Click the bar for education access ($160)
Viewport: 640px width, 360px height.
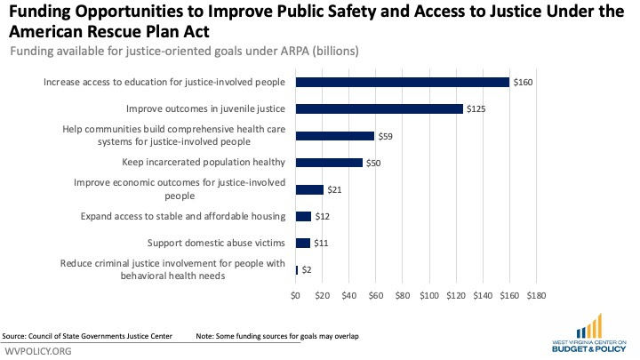(x=402, y=82)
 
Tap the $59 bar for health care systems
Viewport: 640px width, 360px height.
(x=334, y=136)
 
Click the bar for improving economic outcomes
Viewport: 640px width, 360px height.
(x=309, y=189)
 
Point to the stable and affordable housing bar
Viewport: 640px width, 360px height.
(x=303, y=216)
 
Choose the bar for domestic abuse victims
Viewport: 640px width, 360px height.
(x=302, y=243)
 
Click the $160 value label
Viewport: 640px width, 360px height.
(x=523, y=82)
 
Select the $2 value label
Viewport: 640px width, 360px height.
(x=306, y=269)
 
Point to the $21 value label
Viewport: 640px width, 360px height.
(x=335, y=189)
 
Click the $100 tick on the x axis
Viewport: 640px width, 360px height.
(x=428, y=295)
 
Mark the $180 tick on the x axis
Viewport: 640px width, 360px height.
(x=536, y=295)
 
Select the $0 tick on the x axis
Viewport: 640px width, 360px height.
(x=296, y=295)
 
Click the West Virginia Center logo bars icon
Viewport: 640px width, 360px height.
(x=588, y=325)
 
